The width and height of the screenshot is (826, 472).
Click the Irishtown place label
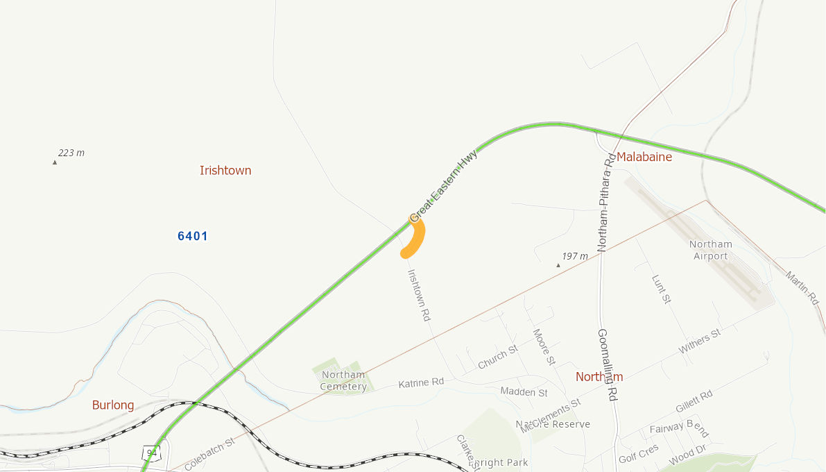pos(225,171)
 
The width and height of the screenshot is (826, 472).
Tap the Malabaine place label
pos(644,157)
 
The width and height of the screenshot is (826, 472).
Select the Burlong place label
pos(113,405)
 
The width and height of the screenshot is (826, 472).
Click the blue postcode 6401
pos(193,237)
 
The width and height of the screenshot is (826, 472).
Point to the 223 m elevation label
pos(71,153)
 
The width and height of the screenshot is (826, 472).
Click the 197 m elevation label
pos(575,257)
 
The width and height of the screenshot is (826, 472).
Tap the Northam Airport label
pos(711,250)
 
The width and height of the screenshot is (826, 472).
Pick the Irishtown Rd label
pos(419,295)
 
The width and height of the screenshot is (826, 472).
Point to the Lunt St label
pos(662,289)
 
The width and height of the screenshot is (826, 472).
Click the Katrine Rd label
pos(421,382)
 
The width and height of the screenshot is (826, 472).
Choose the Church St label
pos(497,357)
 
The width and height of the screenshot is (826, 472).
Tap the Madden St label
pos(524,392)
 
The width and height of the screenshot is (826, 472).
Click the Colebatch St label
pos(209,454)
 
